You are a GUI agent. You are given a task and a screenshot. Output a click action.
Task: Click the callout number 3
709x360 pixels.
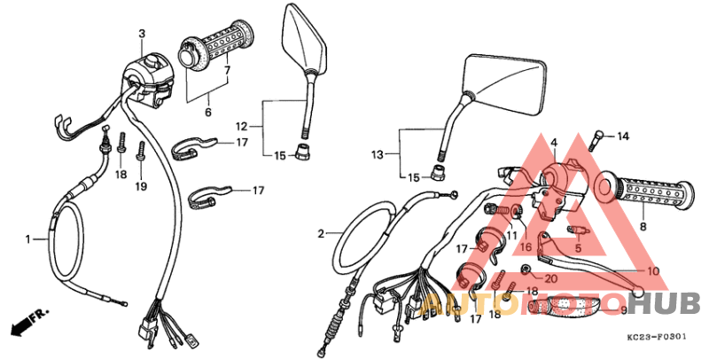coord(141,34)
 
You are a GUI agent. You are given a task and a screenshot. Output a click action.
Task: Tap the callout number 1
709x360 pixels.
coord(28,239)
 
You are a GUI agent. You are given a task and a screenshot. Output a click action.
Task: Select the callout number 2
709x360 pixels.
coord(322,234)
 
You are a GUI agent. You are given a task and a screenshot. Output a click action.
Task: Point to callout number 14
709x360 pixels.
coord(622,137)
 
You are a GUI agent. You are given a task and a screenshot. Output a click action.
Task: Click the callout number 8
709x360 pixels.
coord(643,227)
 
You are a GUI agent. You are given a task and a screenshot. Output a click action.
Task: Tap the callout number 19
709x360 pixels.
coord(140,187)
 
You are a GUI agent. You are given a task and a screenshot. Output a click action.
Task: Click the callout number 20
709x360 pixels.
coord(550,278)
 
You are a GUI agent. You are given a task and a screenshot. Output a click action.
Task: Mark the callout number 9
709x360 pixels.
coord(623,310)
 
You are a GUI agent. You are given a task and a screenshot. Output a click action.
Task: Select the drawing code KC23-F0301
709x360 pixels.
coord(655,339)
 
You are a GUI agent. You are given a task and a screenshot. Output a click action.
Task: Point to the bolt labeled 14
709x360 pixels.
coord(598,138)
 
